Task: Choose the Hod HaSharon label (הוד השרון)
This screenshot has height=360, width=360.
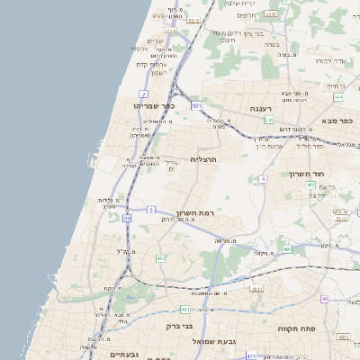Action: click(308, 174)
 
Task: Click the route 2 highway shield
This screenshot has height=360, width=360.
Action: click(143, 94)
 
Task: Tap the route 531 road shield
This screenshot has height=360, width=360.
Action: click(197, 105)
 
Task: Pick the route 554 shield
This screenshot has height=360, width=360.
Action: click(337, 97)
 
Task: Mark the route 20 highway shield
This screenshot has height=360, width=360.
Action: click(127, 218)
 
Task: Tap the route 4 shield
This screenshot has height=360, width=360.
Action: click(263, 179)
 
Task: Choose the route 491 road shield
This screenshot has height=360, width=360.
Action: click(287, 249)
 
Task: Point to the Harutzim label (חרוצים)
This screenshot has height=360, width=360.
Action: click(247, 15)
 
